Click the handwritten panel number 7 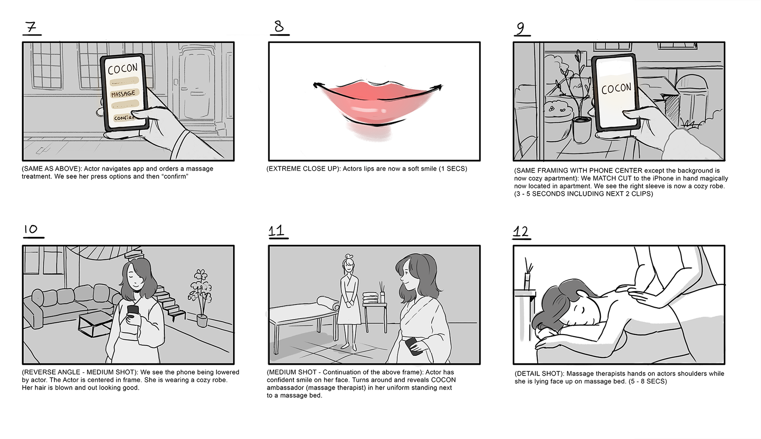[31, 28]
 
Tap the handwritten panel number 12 [521, 232]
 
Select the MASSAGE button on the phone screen [123, 94]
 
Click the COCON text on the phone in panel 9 [616, 88]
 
